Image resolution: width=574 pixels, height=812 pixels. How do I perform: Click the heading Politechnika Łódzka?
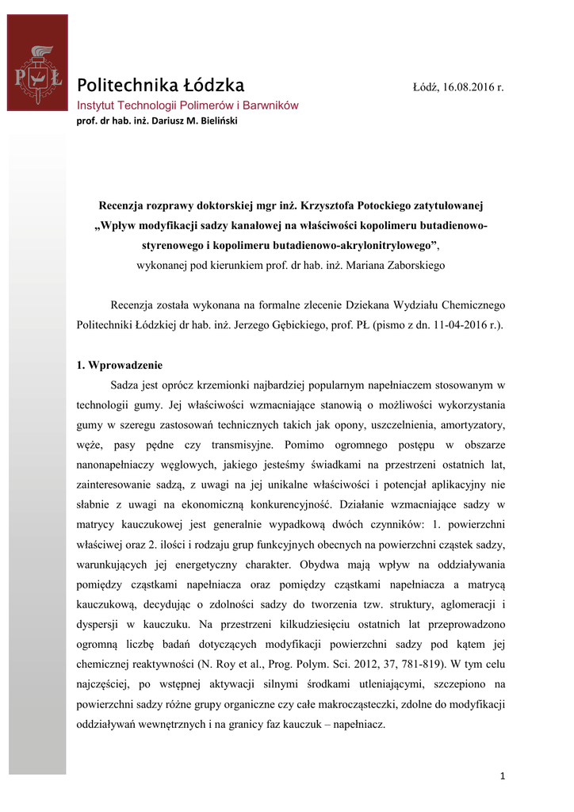160,86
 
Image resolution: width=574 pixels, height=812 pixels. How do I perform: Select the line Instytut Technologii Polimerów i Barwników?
187,105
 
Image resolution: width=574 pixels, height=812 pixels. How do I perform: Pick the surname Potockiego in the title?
358,205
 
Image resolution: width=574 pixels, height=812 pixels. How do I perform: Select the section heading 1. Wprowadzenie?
120,366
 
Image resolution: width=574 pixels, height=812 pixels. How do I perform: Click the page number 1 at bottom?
503,776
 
